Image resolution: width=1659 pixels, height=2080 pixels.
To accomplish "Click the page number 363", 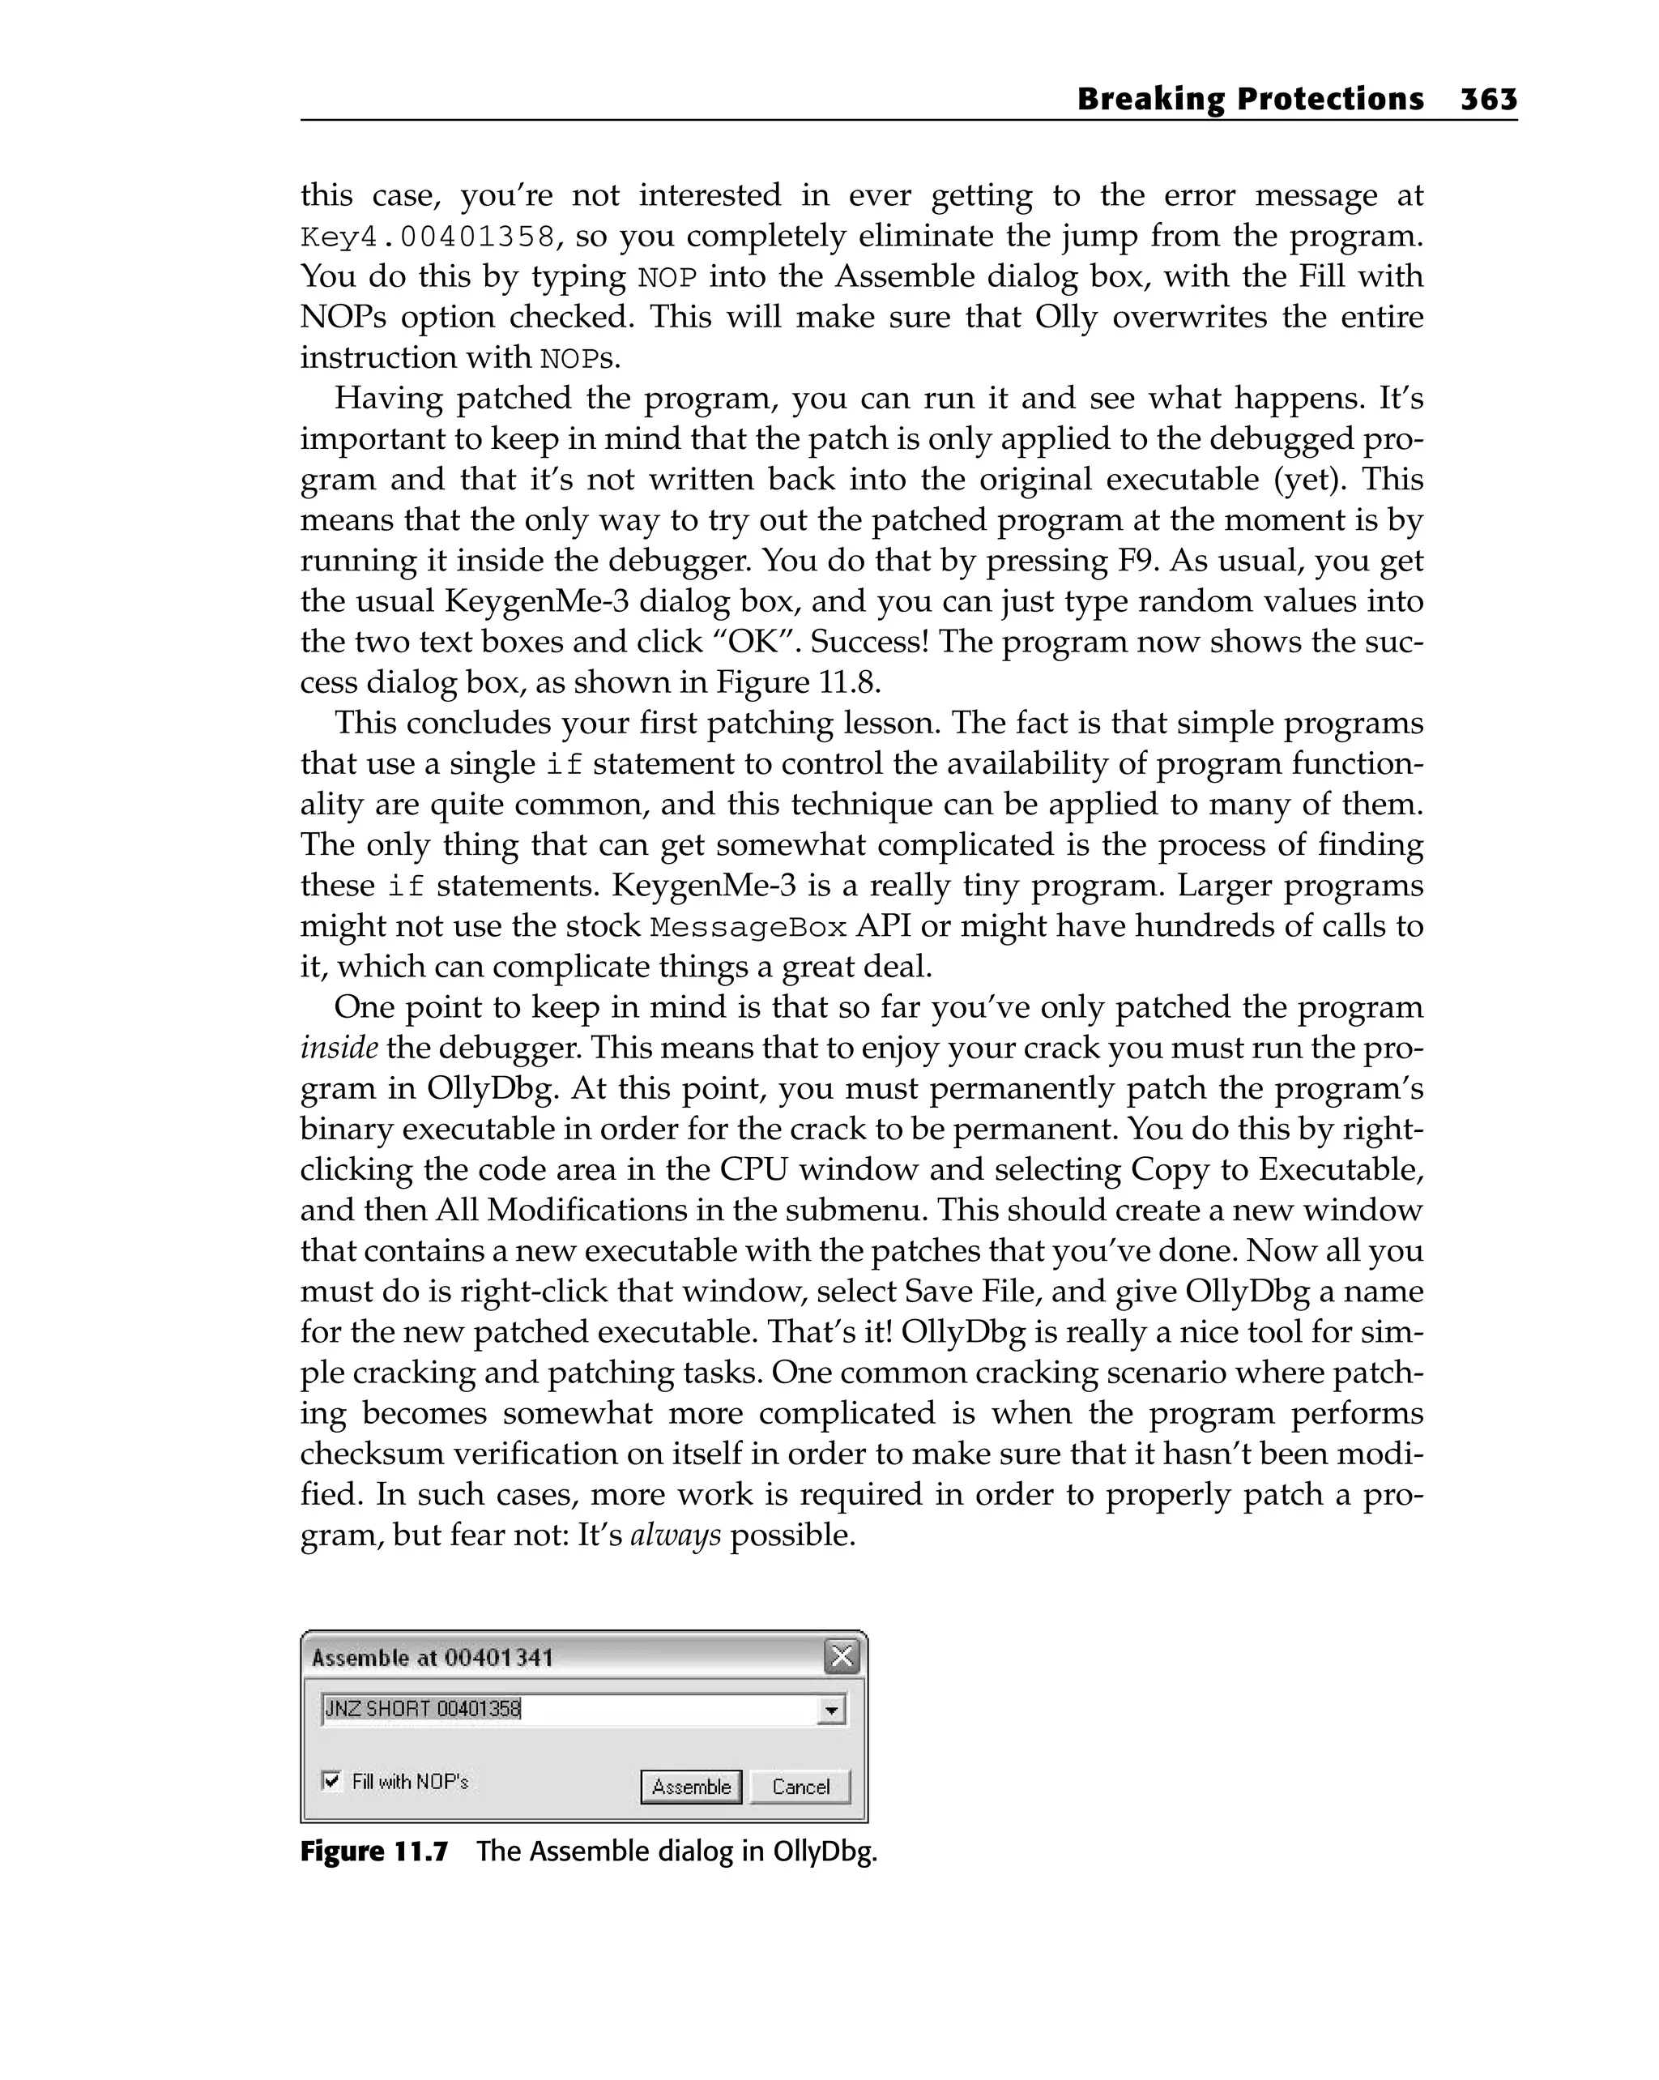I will tap(1488, 100).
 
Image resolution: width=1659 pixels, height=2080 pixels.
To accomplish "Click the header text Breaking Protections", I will tap(1249, 100).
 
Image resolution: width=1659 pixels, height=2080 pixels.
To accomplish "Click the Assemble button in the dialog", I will tap(691, 1787).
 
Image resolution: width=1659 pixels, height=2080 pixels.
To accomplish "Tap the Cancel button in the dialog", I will tap(800, 1787).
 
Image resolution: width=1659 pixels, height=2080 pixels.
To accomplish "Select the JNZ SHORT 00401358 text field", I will tap(569, 1710).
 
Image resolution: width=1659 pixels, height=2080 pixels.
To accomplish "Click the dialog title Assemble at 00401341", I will tap(432, 1658).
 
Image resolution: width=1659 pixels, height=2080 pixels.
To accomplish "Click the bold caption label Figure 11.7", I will tap(374, 1851).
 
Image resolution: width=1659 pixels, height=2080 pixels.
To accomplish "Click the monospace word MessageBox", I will tap(748, 927).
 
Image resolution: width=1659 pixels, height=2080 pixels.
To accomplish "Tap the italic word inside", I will tap(339, 1048).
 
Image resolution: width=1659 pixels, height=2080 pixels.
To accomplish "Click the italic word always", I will tap(675, 1535).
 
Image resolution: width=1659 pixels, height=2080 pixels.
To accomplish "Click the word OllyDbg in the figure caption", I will tap(824, 1851).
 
